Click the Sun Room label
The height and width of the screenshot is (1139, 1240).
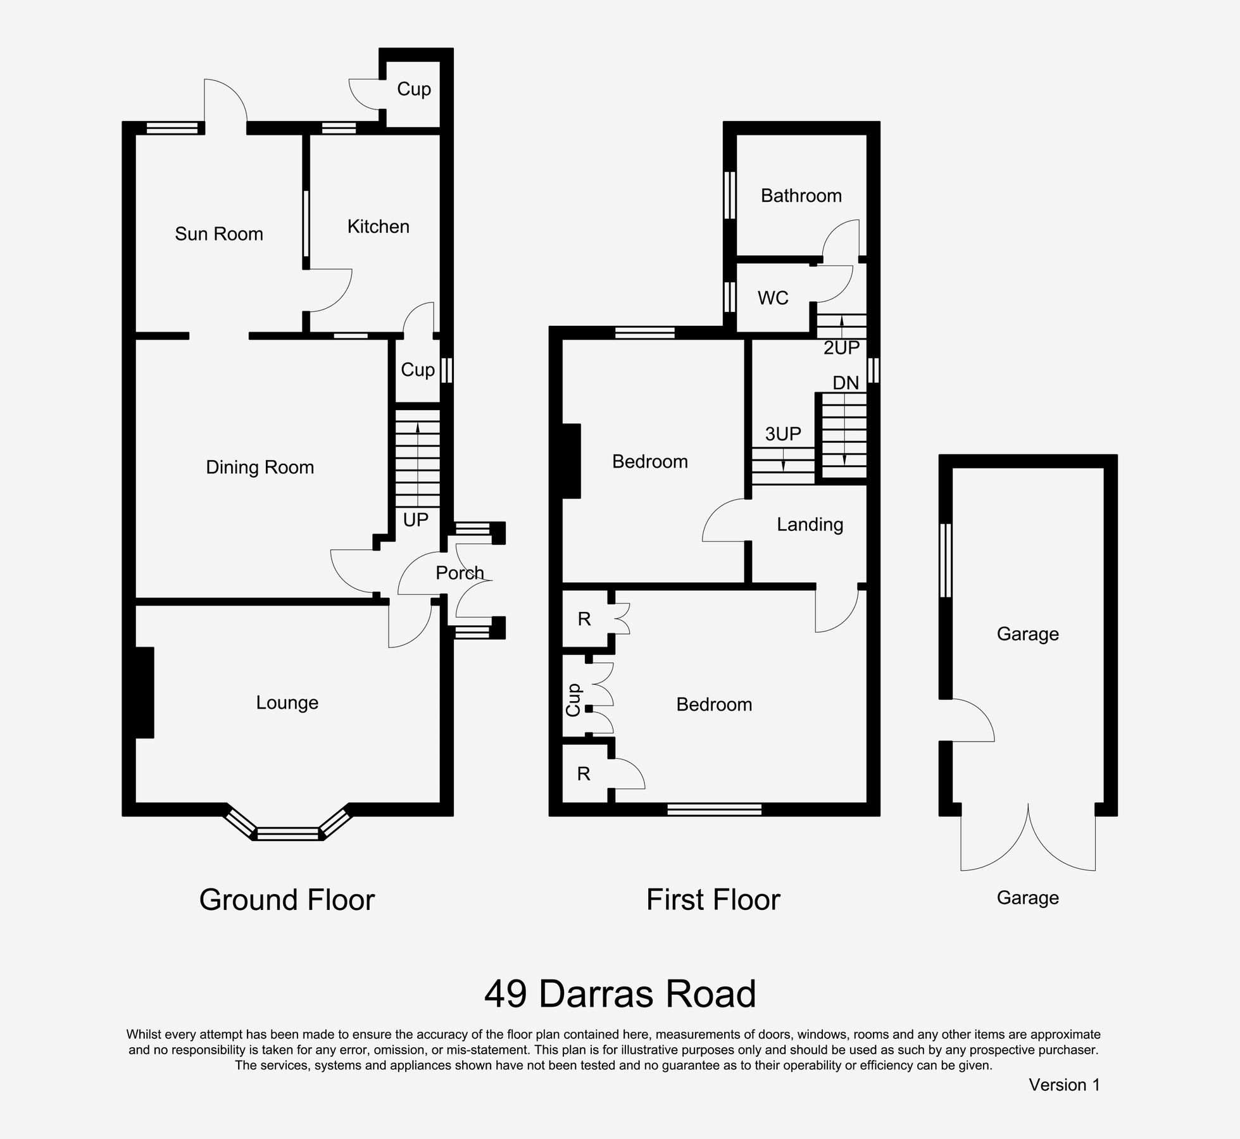tap(218, 234)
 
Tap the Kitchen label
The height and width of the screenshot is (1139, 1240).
tap(378, 227)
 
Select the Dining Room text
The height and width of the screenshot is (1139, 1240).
tap(260, 468)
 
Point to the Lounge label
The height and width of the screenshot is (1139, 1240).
tap(287, 703)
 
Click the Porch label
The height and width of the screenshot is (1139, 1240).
tap(460, 573)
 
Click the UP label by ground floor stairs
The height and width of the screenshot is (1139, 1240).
tap(415, 520)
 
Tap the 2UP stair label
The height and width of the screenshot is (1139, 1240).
tap(841, 347)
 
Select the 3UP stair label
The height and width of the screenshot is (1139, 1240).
tap(783, 434)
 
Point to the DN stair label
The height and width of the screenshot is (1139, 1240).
tap(846, 383)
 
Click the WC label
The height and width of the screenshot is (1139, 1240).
tap(773, 298)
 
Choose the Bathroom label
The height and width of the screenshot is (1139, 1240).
tap(801, 196)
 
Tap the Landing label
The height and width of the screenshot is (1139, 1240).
tap(810, 525)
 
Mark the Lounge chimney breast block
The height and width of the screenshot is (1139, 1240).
tap(144, 692)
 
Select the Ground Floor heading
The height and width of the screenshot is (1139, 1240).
tap(287, 900)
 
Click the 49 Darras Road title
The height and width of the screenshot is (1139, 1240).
tap(620, 994)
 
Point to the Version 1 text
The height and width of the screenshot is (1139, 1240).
tap(1064, 1085)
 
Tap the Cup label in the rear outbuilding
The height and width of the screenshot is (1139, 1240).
tap(413, 89)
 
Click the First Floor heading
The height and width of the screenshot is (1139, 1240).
tap(713, 900)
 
